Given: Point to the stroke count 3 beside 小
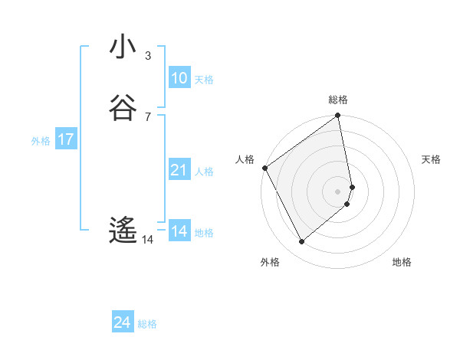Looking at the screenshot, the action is [x=147, y=55].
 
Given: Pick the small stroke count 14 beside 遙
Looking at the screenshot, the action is [x=147, y=240].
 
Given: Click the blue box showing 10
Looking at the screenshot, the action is [x=179, y=77].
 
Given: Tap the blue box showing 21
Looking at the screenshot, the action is [x=179, y=170].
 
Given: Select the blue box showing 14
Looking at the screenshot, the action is [x=179, y=231].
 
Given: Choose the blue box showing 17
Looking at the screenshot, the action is [x=65, y=139].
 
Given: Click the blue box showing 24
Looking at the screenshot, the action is [x=122, y=322].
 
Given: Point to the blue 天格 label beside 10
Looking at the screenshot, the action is [x=203, y=79].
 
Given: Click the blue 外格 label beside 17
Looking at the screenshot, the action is [x=41, y=141].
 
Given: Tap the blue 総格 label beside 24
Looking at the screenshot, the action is [x=147, y=324].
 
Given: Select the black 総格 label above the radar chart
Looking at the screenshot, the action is [x=338, y=100].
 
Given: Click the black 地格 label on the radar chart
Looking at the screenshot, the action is [x=402, y=262].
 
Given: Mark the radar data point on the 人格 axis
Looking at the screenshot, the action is [x=264, y=168].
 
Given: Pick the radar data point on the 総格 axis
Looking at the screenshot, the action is [x=338, y=116].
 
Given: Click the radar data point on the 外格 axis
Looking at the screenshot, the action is [x=301, y=242].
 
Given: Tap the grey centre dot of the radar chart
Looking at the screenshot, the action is [x=338, y=191].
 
